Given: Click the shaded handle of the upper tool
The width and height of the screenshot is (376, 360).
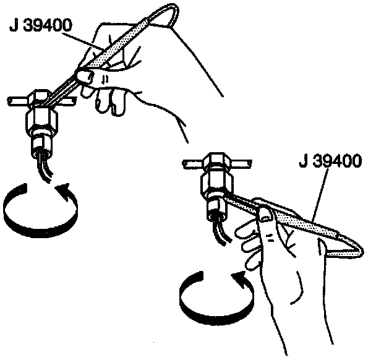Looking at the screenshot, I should point(114,46).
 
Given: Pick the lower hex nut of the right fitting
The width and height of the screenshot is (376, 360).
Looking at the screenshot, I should point(215,186).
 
